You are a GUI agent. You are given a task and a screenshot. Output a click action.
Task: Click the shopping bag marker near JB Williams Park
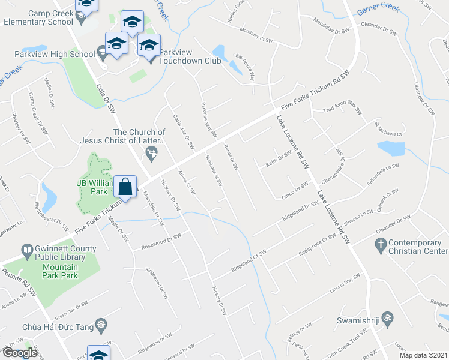[x=125, y=186]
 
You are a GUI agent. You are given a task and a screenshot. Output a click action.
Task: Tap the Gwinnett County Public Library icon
[x=26, y=249]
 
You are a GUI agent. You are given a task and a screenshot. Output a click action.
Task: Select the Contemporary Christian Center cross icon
[x=379, y=244]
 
